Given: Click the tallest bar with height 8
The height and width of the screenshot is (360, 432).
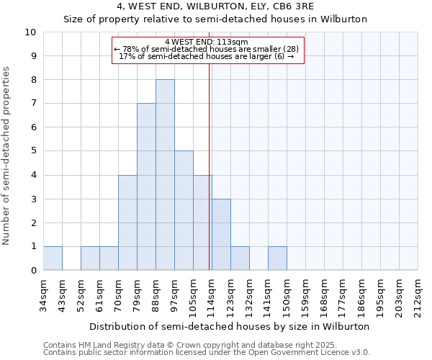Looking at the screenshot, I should (165, 175).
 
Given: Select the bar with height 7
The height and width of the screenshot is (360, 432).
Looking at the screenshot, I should (146, 186).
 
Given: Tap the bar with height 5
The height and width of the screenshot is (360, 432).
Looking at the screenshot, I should (184, 210).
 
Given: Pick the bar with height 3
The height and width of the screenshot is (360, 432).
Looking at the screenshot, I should (221, 234).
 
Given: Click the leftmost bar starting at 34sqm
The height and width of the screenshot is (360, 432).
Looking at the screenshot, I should (53, 258).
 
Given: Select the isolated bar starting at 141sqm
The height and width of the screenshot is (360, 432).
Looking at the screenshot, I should (277, 258).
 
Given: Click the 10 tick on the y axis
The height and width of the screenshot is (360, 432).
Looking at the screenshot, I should (31, 32).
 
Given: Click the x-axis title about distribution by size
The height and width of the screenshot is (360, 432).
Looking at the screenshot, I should (230, 326).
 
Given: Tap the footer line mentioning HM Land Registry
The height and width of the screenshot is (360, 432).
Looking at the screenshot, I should (205, 345).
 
